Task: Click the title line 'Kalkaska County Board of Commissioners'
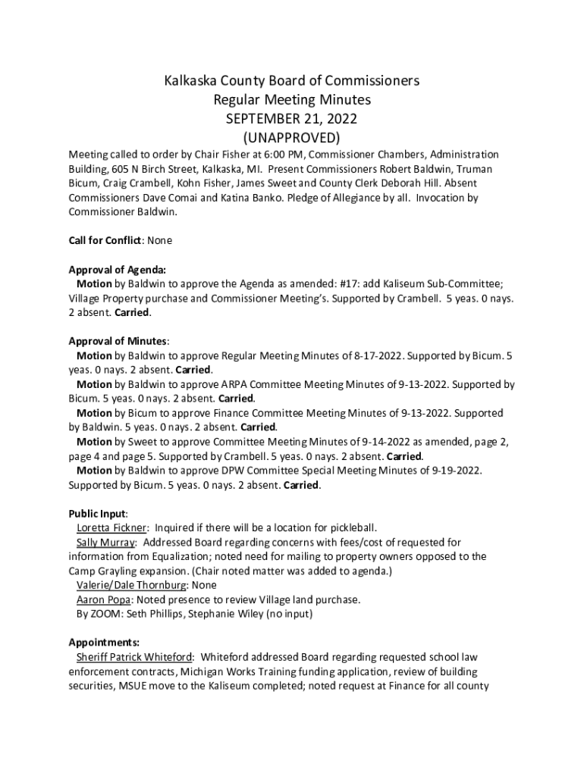point(292,81)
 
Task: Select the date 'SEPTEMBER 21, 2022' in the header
point(292,119)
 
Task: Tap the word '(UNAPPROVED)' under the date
point(292,138)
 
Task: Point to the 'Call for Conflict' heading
point(105,240)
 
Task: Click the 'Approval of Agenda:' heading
point(117,269)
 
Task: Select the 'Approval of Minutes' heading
point(118,341)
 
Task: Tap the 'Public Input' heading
point(97,513)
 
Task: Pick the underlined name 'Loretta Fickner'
point(113,527)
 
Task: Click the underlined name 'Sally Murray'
point(105,543)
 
